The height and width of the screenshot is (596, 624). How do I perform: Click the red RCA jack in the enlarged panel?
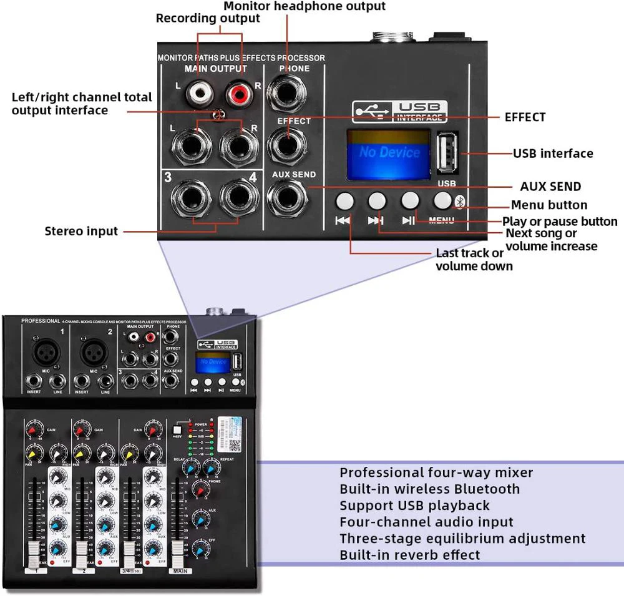click(236, 95)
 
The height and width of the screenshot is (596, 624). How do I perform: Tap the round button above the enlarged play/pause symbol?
click(409, 200)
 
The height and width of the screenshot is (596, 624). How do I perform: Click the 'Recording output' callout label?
click(208, 18)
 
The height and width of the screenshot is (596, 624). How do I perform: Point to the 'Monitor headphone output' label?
click(305, 6)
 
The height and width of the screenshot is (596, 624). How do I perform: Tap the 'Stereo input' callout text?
click(81, 231)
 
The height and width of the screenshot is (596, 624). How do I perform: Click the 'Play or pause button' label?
click(560, 221)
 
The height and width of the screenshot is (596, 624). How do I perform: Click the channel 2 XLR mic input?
click(94, 352)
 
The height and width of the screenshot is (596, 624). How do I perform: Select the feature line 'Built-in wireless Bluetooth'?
click(429, 489)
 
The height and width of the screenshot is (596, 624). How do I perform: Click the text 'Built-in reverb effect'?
click(409, 554)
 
